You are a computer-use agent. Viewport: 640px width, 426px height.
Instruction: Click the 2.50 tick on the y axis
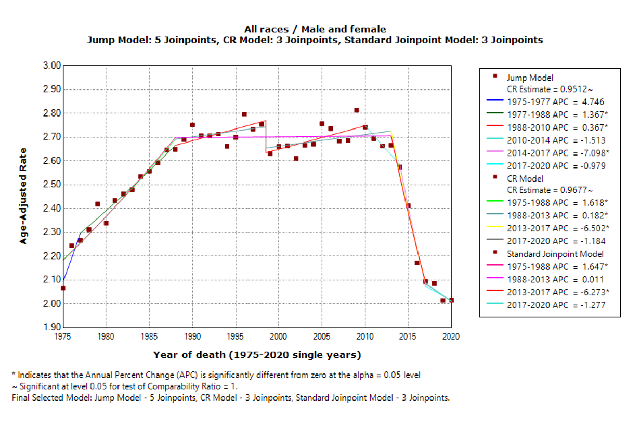(52, 185)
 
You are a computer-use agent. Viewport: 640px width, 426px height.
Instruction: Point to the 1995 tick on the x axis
(236, 337)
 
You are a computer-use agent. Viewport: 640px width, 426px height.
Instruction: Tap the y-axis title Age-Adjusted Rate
(23, 196)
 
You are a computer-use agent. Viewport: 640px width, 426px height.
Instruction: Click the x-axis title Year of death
(256, 355)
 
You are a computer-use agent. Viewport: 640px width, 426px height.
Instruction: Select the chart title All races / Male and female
(315, 29)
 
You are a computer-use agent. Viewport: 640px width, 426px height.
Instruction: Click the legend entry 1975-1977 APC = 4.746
(555, 102)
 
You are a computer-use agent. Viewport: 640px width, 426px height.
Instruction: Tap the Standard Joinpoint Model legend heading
(555, 254)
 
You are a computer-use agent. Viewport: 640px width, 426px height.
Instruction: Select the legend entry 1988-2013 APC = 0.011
(555, 279)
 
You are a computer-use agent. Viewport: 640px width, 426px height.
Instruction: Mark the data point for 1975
(63, 288)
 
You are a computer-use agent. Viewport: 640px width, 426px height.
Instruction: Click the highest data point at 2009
(356, 110)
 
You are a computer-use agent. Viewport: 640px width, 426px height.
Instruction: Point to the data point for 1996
(244, 114)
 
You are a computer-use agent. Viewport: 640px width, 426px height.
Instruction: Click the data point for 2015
(408, 205)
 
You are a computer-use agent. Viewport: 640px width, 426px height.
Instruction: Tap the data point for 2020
(451, 300)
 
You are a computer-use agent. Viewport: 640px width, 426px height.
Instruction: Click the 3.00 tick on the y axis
(52, 66)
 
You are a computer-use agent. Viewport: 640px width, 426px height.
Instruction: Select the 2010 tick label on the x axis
(365, 337)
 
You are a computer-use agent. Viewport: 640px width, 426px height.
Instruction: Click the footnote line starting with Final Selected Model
(231, 398)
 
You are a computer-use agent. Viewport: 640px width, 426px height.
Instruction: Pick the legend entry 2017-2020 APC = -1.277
(555, 305)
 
